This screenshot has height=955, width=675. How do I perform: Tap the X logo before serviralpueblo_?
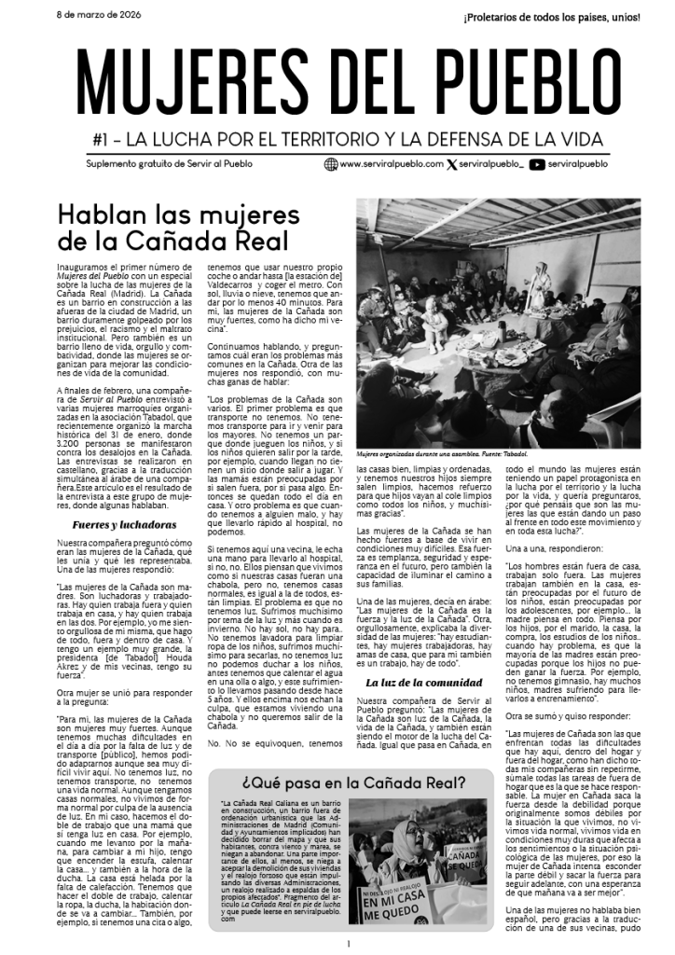point(451,164)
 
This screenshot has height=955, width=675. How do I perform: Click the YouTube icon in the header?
point(537,164)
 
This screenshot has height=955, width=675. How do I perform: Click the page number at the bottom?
point(346,943)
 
